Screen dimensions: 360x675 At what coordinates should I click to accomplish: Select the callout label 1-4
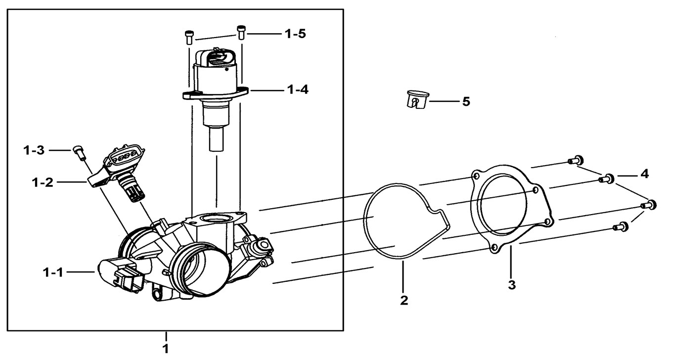(296, 90)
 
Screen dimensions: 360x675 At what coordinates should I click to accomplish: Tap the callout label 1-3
(35, 149)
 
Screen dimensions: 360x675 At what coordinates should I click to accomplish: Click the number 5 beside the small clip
(466, 102)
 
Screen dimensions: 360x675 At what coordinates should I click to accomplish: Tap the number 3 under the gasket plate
(512, 285)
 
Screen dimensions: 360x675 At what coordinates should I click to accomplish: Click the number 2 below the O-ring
(404, 300)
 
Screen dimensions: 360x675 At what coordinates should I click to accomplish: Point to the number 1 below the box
(166, 349)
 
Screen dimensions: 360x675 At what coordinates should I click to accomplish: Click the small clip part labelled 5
(415, 100)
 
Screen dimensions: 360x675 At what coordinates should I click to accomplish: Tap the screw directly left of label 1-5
(241, 32)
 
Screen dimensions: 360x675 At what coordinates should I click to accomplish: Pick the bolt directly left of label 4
(607, 179)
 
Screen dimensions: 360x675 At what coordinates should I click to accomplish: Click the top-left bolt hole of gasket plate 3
(476, 176)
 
